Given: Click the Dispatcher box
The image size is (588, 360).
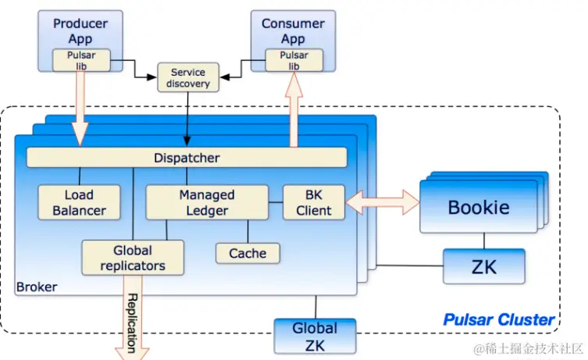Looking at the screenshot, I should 187,158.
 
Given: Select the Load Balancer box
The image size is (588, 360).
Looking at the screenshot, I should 80,202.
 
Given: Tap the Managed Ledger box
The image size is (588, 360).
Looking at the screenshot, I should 207,202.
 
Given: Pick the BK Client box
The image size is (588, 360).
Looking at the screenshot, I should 313,202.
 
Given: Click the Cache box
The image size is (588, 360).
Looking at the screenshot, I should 248,253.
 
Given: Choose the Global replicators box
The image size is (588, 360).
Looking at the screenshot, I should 133,258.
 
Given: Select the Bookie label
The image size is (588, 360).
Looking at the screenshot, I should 478,207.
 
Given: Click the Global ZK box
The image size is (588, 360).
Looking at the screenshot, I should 315,335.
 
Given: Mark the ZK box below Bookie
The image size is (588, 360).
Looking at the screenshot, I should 483,267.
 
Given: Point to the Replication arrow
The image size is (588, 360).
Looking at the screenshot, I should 131,320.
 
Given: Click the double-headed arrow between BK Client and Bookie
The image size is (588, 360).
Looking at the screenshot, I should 382,202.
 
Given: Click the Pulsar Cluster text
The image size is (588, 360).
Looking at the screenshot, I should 498,319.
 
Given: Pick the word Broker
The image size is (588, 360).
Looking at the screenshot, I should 37,287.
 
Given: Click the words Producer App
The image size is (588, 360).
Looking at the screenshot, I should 80,31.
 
